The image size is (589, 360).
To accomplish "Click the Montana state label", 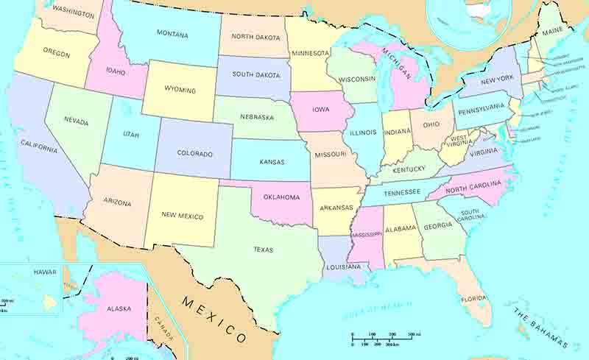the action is [172, 35].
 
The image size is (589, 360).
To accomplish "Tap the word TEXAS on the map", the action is [263, 250].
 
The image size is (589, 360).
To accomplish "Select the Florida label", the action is [472, 299].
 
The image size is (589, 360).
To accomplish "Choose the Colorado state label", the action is [194, 154].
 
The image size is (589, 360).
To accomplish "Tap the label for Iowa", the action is [320, 110].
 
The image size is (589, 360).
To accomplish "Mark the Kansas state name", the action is [272, 161].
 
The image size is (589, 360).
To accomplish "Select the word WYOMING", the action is [180, 90].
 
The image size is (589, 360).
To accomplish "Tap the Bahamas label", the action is [541, 328].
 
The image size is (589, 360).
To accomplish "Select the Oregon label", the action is [56, 53].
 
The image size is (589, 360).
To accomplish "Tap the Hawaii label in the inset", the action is [43, 272].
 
